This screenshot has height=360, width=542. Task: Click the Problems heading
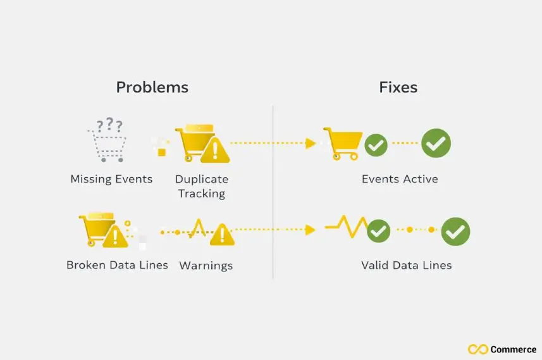pyautogui.click(x=152, y=87)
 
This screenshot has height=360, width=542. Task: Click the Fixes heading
pyautogui.click(x=398, y=87)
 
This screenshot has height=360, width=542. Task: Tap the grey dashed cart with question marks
pyautogui.click(x=106, y=140)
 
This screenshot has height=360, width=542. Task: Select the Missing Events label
pyautogui.click(x=111, y=179)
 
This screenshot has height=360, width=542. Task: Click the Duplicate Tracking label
pyautogui.click(x=202, y=186)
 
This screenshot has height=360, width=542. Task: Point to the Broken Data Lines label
pyautogui.click(x=117, y=265)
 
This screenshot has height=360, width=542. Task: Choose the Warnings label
pyautogui.click(x=206, y=266)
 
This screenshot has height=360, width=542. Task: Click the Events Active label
pyautogui.click(x=400, y=179)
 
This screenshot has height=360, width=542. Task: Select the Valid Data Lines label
pyautogui.click(x=407, y=265)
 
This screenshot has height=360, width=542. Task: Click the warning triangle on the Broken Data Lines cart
pyautogui.click(x=114, y=237)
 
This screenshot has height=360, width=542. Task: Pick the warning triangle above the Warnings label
pyautogui.click(x=222, y=235)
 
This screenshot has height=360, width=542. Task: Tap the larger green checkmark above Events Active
pyautogui.click(x=436, y=143)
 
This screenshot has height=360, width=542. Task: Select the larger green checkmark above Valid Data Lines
pyautogui.click(x=455, y=231)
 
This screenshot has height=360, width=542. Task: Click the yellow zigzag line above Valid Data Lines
pyautogui.click(x=347, y=225)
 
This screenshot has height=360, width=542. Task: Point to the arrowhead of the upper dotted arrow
pyautogui.click(x=311, y=144)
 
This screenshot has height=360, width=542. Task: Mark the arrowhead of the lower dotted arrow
pyautogui.click(x=311, y=230)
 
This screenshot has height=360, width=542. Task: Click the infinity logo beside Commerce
pyautogui.click(x=477, y=349)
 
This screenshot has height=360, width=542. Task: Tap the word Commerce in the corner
pyautogui.click(x=514, y=349)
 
